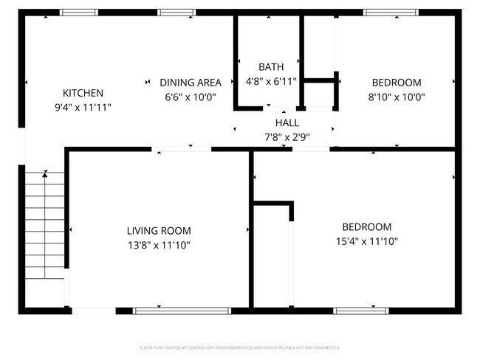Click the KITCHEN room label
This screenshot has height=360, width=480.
pyautogui.click(x=82, y=93)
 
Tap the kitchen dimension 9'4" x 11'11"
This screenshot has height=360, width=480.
pyautogui.click(x=82, y=107)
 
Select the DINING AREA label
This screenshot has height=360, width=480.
pyautogui.click(x=191, y=83)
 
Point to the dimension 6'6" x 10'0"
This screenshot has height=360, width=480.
pyautogui.click(x=191, y=97)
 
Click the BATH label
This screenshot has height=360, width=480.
pyautogui.click(x=270, y=67)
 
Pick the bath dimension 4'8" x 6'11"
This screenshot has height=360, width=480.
pyautogui.click(x=270, y=81)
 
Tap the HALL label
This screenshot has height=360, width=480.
pyautogui.click(x=287, y=122)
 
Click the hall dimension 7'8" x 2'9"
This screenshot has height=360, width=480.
pyautogui.click(x=287, y=136)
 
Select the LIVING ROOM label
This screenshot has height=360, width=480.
pyautogui.click(x=159, y=231)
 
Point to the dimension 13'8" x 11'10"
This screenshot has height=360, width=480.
pyautogui.click(x=159, y=245)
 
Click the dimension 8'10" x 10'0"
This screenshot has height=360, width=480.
pyautogui.click(x=396, y=97)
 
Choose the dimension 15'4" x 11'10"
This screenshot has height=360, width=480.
pyautogui.click(x=366, y=240)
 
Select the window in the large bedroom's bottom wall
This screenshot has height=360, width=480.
pyautogui.click(x=361, y=311)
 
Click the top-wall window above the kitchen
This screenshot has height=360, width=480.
pyautogui.click(x=78, y=13)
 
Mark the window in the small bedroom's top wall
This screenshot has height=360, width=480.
pyautogui.click(x=391, y=13)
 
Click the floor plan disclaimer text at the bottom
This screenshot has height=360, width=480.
pyautogui.click(x=240, y=347)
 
